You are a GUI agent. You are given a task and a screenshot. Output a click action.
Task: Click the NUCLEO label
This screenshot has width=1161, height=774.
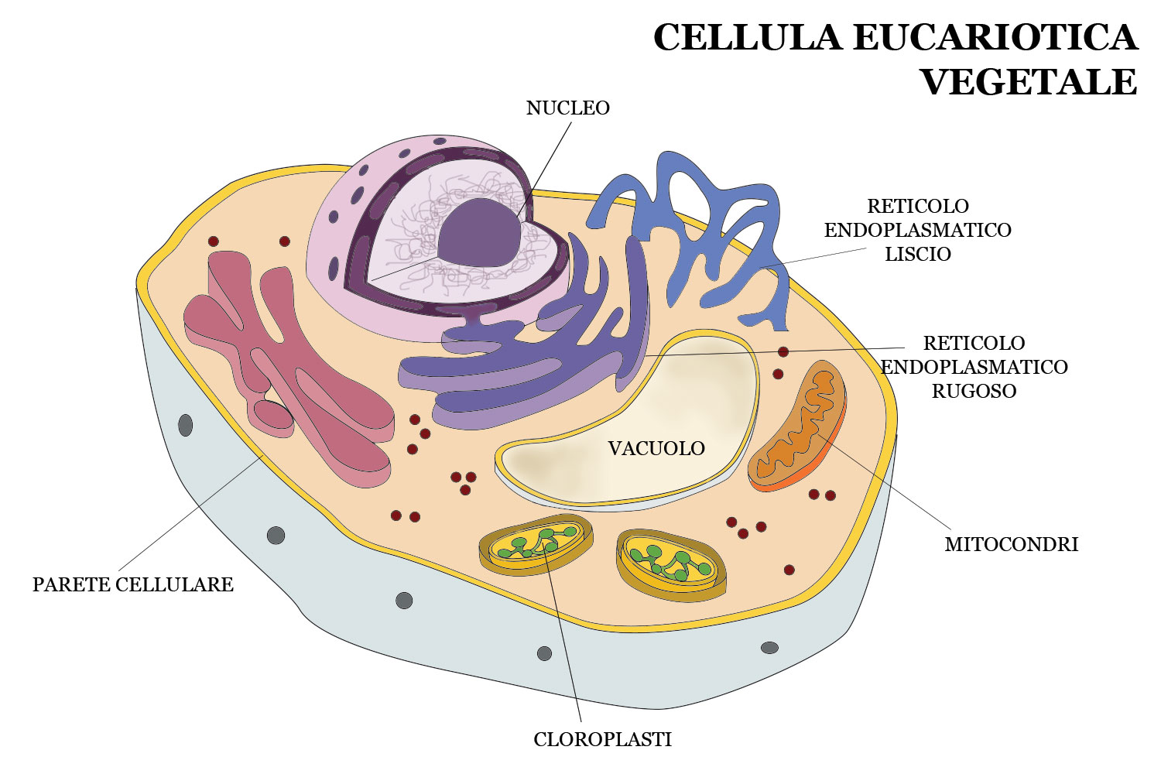coord(567,108)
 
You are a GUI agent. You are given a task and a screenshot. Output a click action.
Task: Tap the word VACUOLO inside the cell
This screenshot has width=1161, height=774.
coord(656,448)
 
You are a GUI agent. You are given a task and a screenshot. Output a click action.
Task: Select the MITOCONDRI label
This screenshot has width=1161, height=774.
coord(1011,544)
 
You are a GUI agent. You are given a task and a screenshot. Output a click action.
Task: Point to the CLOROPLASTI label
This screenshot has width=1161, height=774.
coord(602,739)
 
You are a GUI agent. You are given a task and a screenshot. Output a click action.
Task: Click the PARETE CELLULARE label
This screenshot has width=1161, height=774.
coord(132,584)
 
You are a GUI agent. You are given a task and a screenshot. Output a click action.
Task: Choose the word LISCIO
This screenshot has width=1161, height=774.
coord(917,254)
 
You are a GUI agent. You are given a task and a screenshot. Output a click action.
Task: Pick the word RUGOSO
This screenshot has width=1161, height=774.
coord(973,391)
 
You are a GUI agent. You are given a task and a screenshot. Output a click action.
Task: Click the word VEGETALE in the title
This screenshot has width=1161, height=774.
coord(1029,81)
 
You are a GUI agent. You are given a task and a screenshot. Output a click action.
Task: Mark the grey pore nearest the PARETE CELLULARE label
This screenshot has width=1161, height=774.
coord(276,535)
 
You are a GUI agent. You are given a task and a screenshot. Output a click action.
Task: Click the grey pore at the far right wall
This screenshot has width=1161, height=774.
coord(769,647)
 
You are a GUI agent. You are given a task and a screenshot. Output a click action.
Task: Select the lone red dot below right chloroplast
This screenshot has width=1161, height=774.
coord(789,570)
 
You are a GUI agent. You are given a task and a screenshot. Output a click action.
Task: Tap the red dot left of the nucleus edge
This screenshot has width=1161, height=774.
coord(285,241)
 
